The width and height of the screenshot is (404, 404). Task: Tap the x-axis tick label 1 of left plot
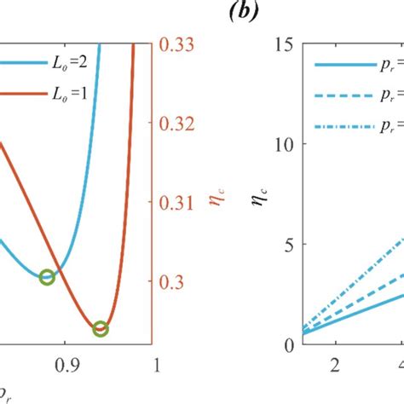155,366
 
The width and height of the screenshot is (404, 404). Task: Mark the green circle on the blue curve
48,276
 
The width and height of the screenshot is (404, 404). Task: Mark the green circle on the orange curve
101,328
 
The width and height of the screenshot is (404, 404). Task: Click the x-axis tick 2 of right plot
334,366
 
